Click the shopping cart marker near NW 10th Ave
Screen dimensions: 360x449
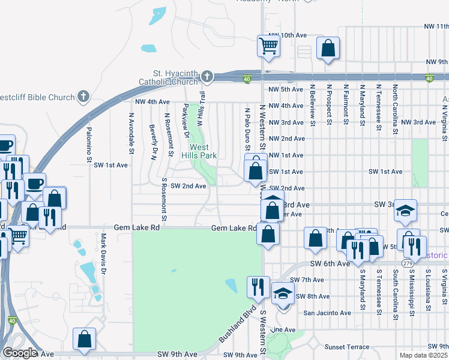(268, 46)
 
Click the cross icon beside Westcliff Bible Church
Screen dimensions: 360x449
(83, 96)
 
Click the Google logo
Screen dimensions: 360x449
(19, 353)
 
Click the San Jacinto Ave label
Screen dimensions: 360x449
(327, 313)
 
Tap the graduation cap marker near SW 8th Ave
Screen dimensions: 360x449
(283, 293)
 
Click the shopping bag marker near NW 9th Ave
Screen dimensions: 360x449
(328, 49)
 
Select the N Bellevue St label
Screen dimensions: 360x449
(312, 105)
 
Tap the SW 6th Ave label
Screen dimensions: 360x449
(330, 263)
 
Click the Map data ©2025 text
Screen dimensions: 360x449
(424, 355)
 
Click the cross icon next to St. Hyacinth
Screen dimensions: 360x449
(206, 76)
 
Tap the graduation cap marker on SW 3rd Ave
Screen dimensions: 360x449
(405, 210)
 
